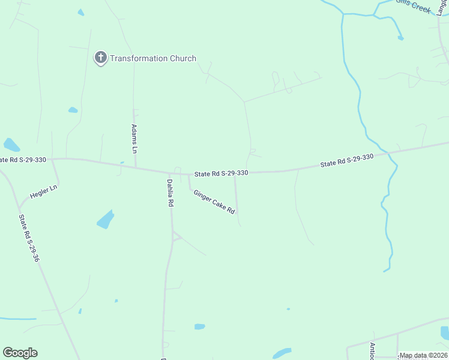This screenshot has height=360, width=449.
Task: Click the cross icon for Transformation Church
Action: pos(100,58)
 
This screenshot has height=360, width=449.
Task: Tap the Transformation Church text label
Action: pos(152,58)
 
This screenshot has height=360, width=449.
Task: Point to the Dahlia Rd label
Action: pos(170,193)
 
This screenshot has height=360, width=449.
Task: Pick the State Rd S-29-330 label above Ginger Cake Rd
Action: pos(221,173)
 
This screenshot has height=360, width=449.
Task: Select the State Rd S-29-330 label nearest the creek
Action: pos(347,160)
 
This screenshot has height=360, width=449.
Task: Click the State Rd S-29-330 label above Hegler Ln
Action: pos(23,160)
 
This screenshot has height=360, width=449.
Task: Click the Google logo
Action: pos(20,353)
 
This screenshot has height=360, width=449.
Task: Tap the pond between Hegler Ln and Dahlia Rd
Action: pos(105,220)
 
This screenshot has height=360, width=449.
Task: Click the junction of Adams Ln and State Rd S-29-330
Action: pos(136,167)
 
